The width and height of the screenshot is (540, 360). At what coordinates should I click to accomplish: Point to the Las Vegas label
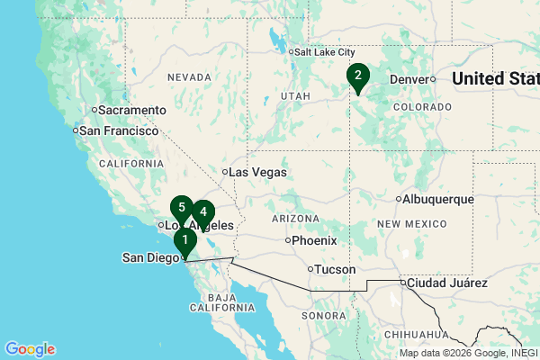257,172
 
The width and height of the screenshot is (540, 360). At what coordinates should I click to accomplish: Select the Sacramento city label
131,110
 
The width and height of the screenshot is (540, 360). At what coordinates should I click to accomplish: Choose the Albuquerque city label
436,199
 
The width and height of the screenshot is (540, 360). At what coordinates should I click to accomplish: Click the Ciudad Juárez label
447,283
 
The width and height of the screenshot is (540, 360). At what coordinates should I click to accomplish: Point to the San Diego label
151,258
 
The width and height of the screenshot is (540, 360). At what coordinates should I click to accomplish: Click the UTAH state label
296,94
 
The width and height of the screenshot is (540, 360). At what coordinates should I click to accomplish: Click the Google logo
30,349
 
